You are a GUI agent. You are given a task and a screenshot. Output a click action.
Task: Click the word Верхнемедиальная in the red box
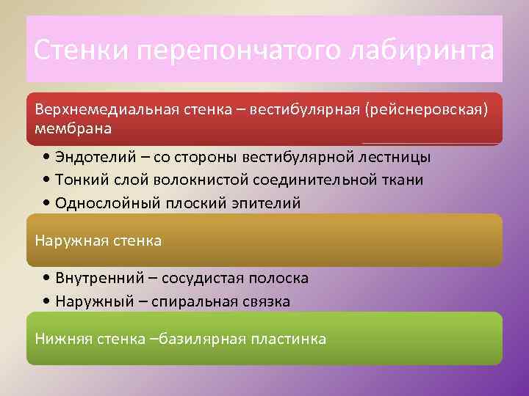tap(102, 109)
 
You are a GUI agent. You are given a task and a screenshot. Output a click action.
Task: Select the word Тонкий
tap(82, 180)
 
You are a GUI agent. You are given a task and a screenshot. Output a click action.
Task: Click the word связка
tap(267, 301)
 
